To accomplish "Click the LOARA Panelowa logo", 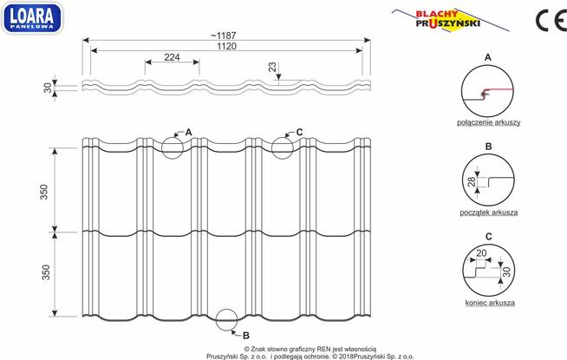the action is point(32,17).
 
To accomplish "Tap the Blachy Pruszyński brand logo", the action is point(450,20).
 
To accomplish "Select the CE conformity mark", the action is point(551,21).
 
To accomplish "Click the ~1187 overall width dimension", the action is point(224,36).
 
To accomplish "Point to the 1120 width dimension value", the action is point(227,46).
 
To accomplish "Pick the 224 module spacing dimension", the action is point(172,57).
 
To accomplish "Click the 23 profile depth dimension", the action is point(272,67).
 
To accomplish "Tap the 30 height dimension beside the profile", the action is point(48,88).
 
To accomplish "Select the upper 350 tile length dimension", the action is point(43,192).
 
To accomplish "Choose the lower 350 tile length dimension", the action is point(46,272).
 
